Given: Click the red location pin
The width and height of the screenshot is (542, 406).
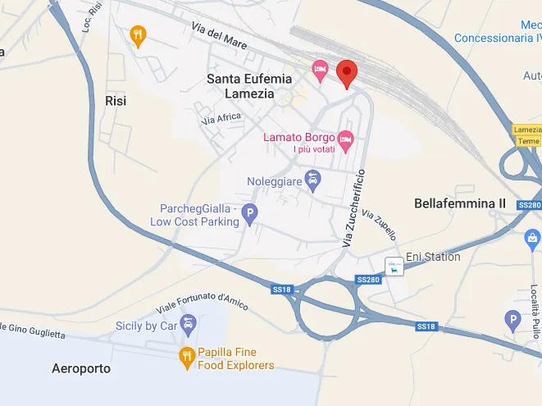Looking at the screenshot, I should coord(347,74).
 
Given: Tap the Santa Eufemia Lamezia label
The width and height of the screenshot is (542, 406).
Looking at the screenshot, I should coord(249,86).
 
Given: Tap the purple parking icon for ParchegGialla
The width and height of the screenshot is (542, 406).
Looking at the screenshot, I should coord(250,215).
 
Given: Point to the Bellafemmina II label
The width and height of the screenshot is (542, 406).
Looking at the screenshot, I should coord(461,203).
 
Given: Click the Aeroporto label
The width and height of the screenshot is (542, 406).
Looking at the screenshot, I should coord(80,368).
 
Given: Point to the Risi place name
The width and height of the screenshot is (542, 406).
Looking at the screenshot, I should coord(116,100).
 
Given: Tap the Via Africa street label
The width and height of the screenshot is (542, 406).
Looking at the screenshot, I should coord(222,120).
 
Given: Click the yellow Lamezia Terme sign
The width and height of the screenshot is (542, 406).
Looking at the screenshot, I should coord(527,135).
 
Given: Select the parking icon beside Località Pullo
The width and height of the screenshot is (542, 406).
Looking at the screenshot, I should coord(513,320).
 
